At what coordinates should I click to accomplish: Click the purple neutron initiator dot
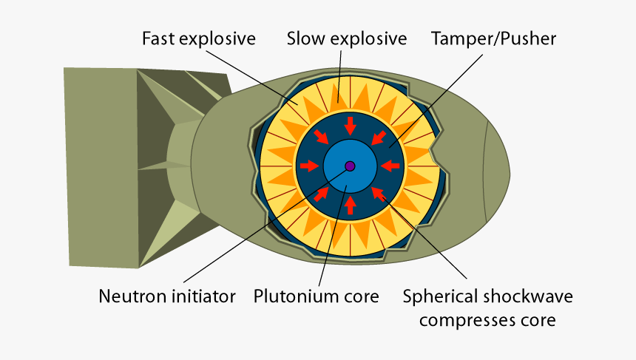tap(350, 166)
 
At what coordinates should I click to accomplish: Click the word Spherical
tap(442, 297)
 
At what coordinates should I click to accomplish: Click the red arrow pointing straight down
tap(350, 125)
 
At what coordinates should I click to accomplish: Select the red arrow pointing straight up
tap(350, 205)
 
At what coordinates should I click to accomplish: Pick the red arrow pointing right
tap(309, 166)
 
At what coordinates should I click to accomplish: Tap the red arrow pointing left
tap(390, 166)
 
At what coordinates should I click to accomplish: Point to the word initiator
tap(203, 297)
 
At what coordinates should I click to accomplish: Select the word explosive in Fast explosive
tap(220, 39)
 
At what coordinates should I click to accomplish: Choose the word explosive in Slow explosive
tap(371, 39)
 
